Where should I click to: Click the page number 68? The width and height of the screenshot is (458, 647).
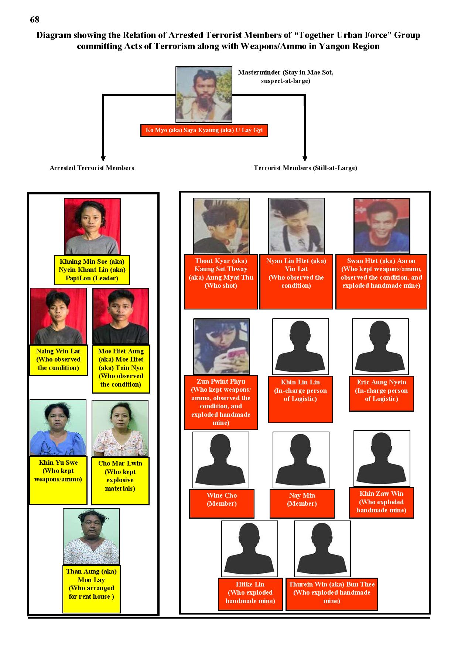[34, 20]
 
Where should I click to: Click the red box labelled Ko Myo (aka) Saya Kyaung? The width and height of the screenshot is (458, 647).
[204, 130]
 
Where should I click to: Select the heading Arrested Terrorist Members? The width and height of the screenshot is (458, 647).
[92, 168]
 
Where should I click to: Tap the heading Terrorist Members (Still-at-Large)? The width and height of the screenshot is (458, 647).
[305, 168]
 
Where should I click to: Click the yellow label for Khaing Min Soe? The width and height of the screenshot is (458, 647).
[92, 270]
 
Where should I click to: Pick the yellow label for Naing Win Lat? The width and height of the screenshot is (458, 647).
[58, 360]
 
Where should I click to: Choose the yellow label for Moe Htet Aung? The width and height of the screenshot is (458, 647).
[121, 369]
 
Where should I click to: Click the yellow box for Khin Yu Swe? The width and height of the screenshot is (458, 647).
[58, 480]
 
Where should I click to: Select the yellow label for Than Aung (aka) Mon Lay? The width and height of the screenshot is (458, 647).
[91, 589]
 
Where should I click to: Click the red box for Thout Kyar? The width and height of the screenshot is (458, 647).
[221, 282]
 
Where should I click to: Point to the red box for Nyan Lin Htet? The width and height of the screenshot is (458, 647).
[296, 282]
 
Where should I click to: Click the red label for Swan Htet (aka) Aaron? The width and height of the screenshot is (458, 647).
[381, 282]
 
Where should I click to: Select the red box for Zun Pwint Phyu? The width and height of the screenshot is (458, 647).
[221, 402]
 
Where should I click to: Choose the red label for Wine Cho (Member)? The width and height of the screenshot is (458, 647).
[222, 504]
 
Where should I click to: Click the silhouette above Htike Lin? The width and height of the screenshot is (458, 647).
[250, 549]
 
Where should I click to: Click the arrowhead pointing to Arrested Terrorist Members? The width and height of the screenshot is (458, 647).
[103, 158]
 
